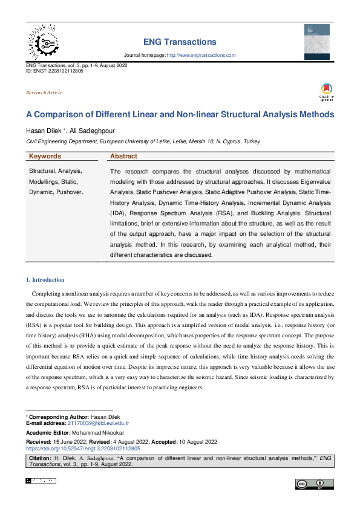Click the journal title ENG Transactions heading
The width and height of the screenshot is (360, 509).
(x=180, y=42)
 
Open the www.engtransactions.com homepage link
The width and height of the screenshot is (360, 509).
(x=201, y=55)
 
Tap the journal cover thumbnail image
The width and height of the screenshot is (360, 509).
(x=316, y=41)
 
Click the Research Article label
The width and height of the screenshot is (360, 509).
(x=44, y=92)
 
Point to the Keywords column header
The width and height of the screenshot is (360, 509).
(x=45, y=156)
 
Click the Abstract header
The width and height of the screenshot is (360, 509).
(x=125, y=156)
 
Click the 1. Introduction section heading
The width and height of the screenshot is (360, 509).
(x=45, y=280)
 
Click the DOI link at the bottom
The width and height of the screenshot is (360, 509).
(x=83, y=449)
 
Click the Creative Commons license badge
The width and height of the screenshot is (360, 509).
(x=315, y=484)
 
